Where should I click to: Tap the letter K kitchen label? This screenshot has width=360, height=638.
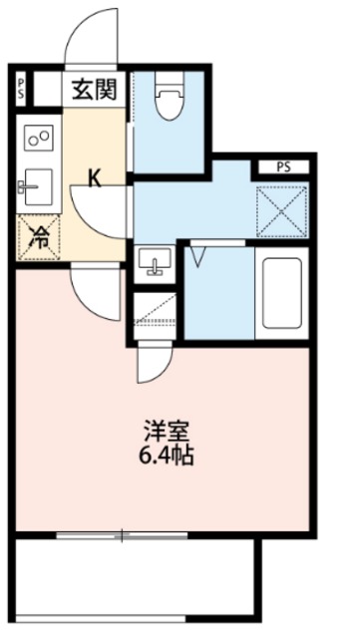coord(95,179)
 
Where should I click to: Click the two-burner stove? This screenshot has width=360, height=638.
coord(39,139)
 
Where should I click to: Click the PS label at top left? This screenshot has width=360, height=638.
coord(21,87)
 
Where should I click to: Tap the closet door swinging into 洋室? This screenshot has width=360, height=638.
coord(152,364)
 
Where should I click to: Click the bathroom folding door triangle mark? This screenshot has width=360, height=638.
coord(198,257)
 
